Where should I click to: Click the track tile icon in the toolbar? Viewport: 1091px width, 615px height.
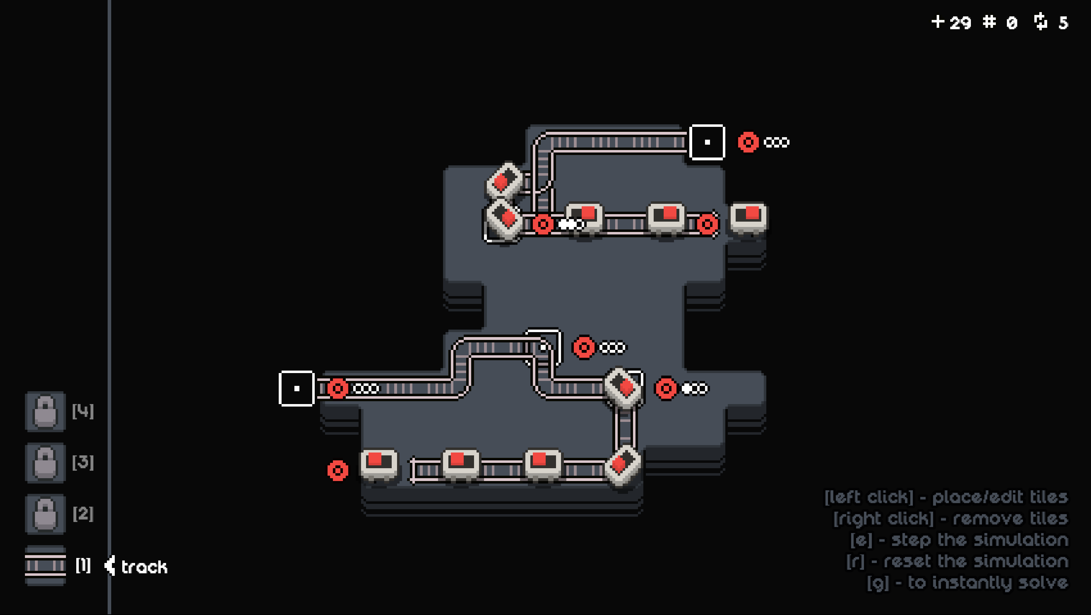tap(45, 565)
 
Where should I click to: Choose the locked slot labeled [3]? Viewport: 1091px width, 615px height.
tap(45, 462)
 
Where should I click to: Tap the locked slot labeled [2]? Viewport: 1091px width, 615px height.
tap(45, 514)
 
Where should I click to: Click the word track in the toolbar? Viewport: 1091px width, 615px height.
tap(144, 567)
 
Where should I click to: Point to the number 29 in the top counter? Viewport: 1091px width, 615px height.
tap(960, 23)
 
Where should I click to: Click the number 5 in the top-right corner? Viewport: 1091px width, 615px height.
tap(1063, 23)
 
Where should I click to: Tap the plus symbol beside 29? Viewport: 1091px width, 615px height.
tap(938, 22)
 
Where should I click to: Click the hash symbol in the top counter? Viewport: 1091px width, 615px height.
tap(989, 22)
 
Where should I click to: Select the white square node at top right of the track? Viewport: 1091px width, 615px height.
tap(707, 142)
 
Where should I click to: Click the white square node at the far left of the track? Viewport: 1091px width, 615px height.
tap(297, 388)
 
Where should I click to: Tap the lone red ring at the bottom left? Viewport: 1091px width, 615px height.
tap(338, 471)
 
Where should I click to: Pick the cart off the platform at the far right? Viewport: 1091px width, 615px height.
tap(748, 218)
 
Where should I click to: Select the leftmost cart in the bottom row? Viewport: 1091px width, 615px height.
tap(379, 465)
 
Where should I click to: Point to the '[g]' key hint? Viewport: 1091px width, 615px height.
tap(878, 583)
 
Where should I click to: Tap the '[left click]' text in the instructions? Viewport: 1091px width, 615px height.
tap(869, 497)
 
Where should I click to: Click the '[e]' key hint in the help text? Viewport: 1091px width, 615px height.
tap(861, 540)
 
